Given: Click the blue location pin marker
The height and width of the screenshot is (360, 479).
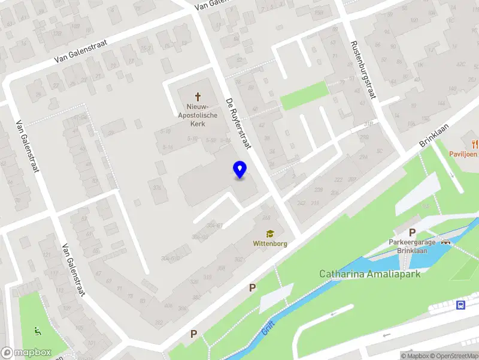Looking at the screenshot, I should pos(239,169).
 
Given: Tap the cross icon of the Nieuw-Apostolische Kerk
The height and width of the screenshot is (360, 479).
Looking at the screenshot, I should pos(198,97).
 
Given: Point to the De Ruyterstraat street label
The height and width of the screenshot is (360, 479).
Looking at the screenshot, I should pos(238,124).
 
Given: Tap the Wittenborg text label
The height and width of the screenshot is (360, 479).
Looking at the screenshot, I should pos(271,244).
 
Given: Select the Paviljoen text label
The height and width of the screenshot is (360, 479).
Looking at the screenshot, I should pos(463,154).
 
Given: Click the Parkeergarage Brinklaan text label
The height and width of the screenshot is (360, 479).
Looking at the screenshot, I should pos(412,247).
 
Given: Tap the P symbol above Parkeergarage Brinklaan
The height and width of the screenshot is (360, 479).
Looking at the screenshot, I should pos(412,233).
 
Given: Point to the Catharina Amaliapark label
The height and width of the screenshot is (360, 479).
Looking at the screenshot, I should pos(369,274).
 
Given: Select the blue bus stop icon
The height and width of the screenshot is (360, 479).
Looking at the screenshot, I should pos(460,305).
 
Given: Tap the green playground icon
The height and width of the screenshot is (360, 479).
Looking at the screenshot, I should pos(38,330).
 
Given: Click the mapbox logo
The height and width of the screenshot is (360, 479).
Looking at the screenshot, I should pos(26,353).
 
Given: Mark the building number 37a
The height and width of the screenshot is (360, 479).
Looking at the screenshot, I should pos(157,188).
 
